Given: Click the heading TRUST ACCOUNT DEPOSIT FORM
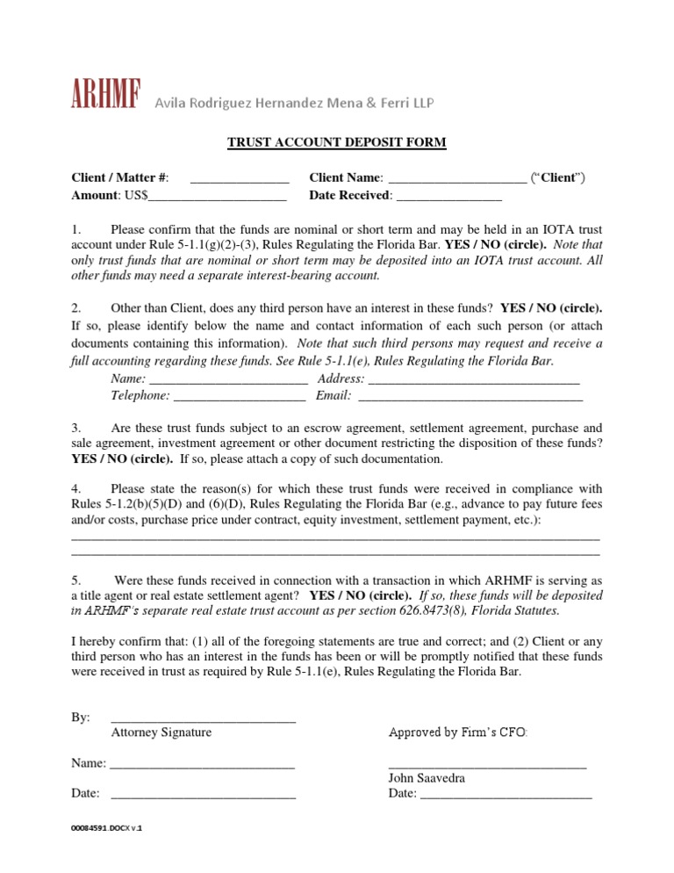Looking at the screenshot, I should click(337, 142).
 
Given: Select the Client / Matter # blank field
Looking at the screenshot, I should click(239, 179).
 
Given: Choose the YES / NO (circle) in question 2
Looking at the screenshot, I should click(551, 308).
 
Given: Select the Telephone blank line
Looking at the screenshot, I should click(240, 397).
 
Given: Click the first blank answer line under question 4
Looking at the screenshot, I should click(334, 537).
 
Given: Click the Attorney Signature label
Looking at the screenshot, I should click(161, 732).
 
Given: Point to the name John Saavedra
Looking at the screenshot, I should click(427, 778).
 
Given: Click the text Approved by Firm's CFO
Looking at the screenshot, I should click(458, 732).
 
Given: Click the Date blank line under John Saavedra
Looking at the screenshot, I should click(505, 796).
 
